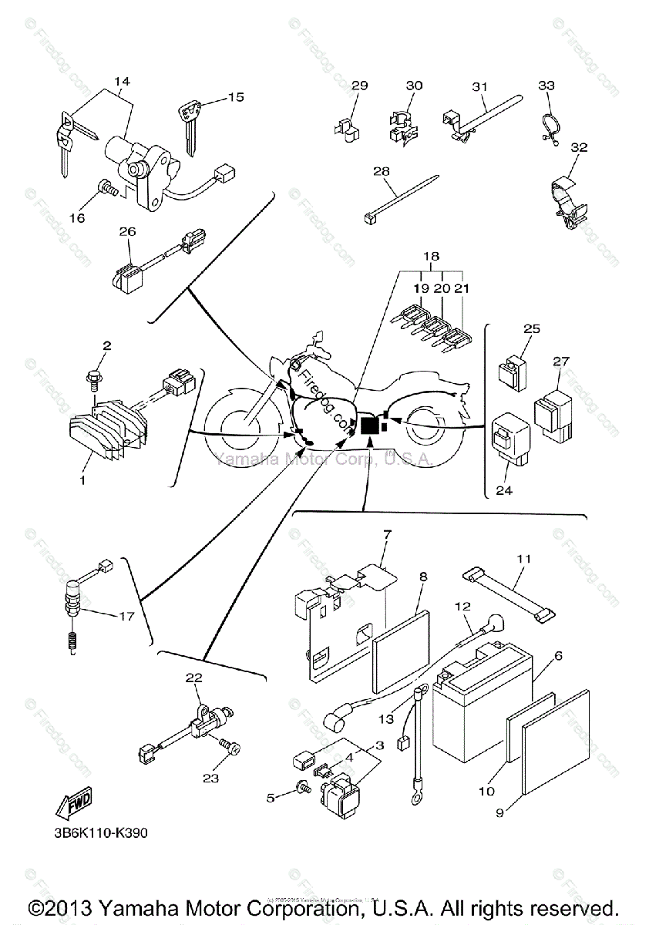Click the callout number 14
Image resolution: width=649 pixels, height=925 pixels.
123,82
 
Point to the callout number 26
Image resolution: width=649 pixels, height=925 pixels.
127,231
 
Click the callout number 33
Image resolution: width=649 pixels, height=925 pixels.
546,85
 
